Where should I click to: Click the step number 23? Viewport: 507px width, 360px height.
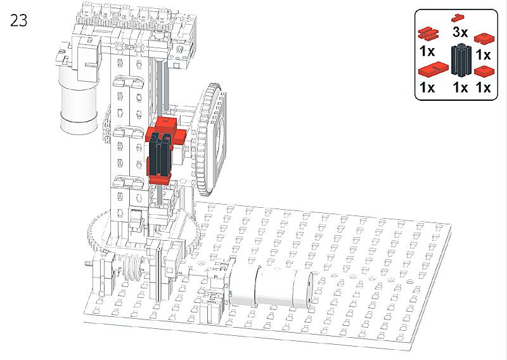19,20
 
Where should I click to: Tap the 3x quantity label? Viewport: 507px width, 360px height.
460,32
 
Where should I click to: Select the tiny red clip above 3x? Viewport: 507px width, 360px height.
458,18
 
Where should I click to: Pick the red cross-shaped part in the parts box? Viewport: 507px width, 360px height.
428,34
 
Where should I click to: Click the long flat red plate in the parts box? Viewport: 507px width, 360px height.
433,69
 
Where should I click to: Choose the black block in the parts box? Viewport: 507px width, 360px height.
461,60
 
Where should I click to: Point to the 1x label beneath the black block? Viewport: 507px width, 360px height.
460,87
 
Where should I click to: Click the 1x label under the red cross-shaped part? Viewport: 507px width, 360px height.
427,51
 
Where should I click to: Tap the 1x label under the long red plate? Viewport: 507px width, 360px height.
427,87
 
